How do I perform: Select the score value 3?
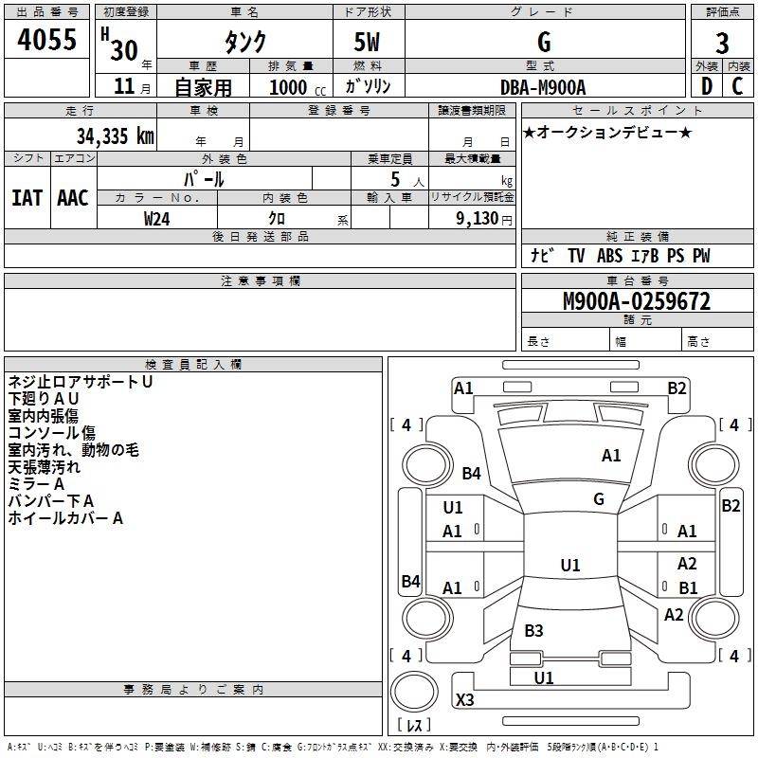coord(722,44)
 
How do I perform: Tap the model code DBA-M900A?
coord(543,86)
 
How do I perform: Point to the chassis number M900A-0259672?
coord(636,302)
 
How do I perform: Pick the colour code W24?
coord(157,218)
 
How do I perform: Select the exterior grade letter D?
coord(706,86)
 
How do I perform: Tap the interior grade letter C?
coord(737,86)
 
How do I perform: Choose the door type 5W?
coord(369,43)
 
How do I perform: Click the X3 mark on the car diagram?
coord(465,700)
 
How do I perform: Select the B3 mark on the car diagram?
coord(533,631)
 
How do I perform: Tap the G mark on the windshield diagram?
coord(599,499)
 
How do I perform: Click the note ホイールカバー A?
coord(65,518)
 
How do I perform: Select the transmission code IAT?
coord(27,198)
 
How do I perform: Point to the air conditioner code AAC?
coord(73,198)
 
